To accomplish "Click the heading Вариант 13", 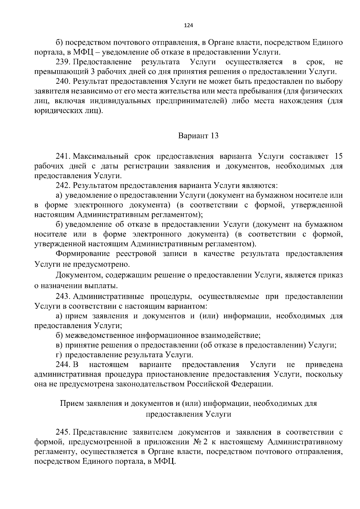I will pyautogui.click(x=198, y=136).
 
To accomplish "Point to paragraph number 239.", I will pyautogui.click(x=63, y=62).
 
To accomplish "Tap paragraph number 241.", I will pyautogui.click(x=63, y=156).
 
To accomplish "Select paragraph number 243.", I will pyautogui.click(x=63, y=297).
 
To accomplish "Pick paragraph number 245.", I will pyautogui.click(x=63, y=432).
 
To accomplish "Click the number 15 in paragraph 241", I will pyautogui.click(x=338, y=156).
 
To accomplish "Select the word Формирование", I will pyautogui.click(x=81, y=254).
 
